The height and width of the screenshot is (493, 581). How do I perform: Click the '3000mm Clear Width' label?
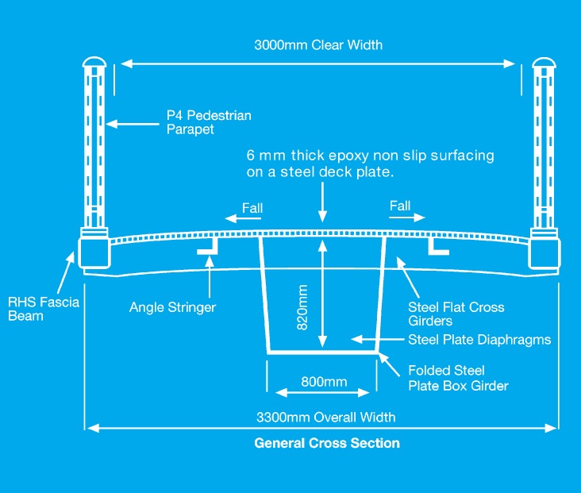coord(318,44)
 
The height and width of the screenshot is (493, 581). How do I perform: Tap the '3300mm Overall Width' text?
coord(325,417)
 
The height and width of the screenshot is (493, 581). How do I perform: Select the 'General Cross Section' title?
coord(327,443)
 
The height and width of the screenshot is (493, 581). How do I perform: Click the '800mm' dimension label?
coord(324,382)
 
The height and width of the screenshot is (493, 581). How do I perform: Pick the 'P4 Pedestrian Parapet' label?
coord(208,122)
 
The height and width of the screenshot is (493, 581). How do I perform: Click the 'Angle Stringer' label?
coord(172,306)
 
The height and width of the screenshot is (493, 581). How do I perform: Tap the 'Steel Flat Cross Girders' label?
coord(456,314)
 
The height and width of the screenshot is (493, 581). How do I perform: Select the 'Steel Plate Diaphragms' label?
coord(479,340)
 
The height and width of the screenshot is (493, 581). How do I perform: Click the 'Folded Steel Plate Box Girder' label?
coord(458,378)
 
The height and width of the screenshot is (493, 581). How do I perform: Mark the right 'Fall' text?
coord(400,206)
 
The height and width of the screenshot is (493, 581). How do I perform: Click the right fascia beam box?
coord(547,252)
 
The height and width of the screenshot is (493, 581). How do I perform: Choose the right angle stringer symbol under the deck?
coord(437,248)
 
